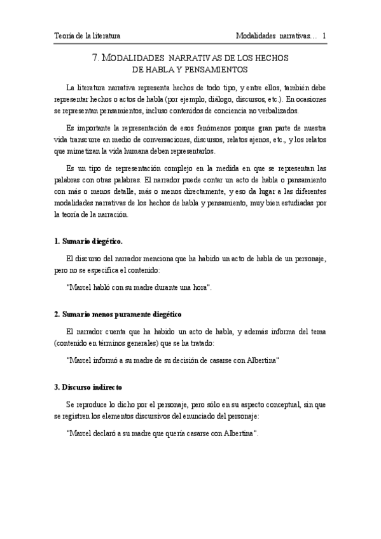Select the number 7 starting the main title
(95, 58)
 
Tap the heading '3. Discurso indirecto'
(88, 386)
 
